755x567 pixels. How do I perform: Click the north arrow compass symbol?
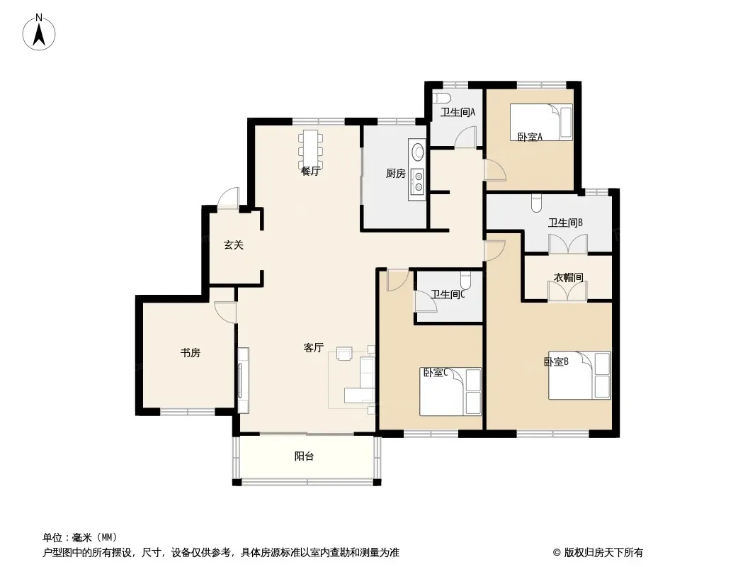click(39, 33)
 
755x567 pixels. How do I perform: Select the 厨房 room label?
click(396, 173)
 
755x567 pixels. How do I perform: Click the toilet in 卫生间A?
click(441, 98)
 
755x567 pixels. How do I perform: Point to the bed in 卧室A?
click(541, 123)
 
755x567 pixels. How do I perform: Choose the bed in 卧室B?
click(579, 375)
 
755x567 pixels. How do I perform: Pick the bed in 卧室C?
click(450, 392)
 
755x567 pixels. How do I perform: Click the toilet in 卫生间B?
click(536, 203)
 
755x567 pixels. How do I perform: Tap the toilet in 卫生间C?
click(465, 280)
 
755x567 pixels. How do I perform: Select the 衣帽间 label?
click(568, 278)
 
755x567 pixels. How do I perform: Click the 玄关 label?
click(234, 245)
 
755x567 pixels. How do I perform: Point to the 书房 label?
click(191, 353)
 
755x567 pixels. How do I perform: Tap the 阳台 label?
click(304, 456)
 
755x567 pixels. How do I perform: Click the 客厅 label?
click(314, 347)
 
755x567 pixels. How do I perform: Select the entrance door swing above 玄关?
click(228, 198)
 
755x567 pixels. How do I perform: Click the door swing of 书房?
click(225, 312)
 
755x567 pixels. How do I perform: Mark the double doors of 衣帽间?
click(568, 291)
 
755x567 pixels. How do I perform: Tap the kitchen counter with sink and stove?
click(417, 169)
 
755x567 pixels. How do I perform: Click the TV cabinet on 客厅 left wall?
click(243, 380)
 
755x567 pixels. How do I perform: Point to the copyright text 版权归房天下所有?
click(603, 553)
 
